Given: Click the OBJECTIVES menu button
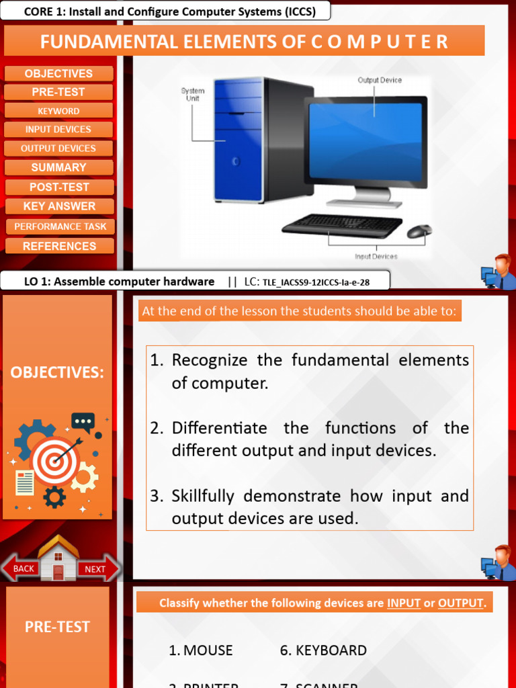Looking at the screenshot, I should (59, 74).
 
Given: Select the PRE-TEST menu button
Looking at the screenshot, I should (59, 92).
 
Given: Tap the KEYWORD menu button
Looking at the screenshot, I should (59, 111).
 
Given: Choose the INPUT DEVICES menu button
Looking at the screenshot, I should (59, 130).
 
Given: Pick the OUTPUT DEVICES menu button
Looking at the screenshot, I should (59, 148).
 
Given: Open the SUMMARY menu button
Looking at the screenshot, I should (59, 167).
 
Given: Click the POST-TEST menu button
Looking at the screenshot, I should (59, 187).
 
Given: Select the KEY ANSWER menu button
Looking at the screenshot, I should (59, 206).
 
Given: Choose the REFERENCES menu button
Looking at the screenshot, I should (59, 246).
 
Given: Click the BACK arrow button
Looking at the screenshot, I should (21, 568).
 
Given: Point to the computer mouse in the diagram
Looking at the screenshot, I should (419, 231).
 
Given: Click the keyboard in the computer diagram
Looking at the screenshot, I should (341, 225).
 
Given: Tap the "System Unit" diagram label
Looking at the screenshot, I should (193, 95).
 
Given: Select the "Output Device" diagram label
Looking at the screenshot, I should (380, 80).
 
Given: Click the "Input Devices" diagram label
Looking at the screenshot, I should (376, 256).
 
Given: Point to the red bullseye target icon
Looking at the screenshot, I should (56, 460).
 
